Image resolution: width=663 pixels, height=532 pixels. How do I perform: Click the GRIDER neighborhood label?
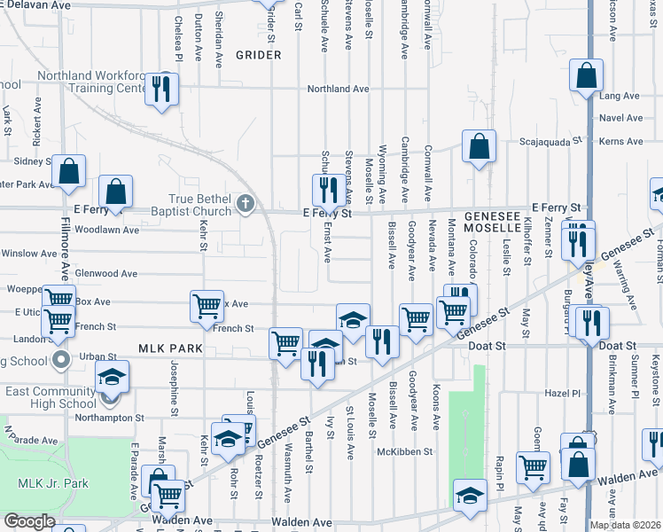point(258,55)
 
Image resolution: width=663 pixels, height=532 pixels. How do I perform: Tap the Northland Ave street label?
point(338,90)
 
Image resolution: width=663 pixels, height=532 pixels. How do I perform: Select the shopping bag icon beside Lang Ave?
point(587,77)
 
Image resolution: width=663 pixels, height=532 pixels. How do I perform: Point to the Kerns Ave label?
point(621,141)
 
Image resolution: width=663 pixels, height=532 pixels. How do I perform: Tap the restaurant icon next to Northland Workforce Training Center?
point(161,89)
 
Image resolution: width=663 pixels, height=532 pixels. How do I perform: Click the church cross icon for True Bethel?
point(246,205)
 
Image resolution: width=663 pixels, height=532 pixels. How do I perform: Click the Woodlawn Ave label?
point(108,230)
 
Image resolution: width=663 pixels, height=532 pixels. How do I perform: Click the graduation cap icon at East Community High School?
point(113,377)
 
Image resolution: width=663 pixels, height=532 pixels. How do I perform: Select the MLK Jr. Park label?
point(53,483)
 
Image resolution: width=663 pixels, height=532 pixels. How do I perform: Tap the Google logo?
point(30,521)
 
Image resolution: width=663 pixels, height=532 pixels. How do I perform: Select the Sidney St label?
point(34,161)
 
